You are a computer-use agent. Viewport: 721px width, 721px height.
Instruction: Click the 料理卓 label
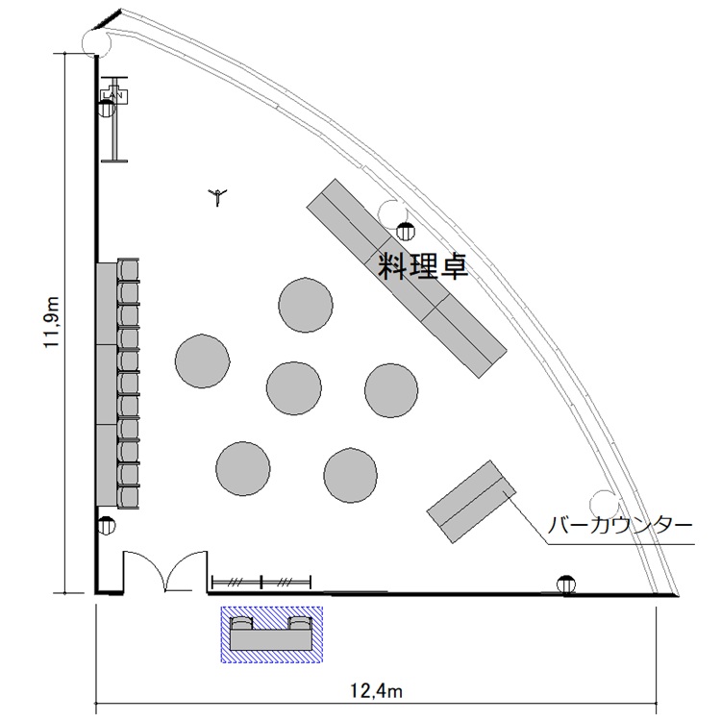tap(423, 267)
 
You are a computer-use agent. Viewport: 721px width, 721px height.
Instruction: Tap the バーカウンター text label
tap(619, 525)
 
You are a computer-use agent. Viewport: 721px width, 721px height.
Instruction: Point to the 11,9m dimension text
tap(52, 322)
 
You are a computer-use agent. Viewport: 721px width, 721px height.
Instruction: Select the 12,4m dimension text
tap(376, 690)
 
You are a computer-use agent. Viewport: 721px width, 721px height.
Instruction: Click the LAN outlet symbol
tap(113, 95)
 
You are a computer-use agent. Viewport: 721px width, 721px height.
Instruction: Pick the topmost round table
tap(306, 305)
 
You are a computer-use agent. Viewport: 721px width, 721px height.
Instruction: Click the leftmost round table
tap(202, 360)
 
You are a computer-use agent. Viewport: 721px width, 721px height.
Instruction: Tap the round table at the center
tap(294, 388)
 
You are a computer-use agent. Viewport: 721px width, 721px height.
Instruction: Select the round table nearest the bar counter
tap(350, 476)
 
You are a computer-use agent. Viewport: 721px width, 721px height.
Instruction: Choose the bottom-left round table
tap(243, 468)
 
